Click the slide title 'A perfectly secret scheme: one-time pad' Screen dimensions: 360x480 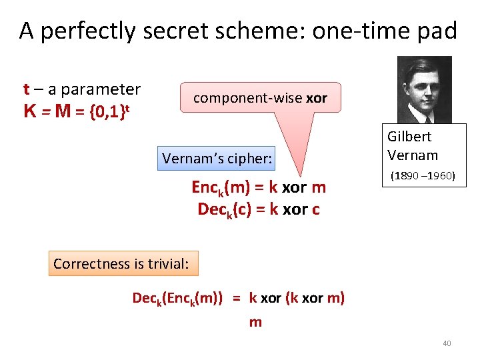click(238, 31)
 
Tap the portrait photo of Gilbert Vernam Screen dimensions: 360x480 click(424, 89)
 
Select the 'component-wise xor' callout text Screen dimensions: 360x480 click(260, 98)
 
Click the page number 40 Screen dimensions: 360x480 click(446, 343)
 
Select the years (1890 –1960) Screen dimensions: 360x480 click(423, 176)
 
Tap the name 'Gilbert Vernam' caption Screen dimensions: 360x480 click(413, 146)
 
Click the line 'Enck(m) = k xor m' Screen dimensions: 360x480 click(259, 187)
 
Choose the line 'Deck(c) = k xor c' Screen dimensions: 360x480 click(259, 209)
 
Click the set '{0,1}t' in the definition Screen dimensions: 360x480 click(109, 111)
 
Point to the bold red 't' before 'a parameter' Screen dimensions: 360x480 click(26, 89)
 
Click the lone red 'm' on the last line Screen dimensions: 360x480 click(255, 323)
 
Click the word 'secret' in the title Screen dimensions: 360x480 click(165, 31)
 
